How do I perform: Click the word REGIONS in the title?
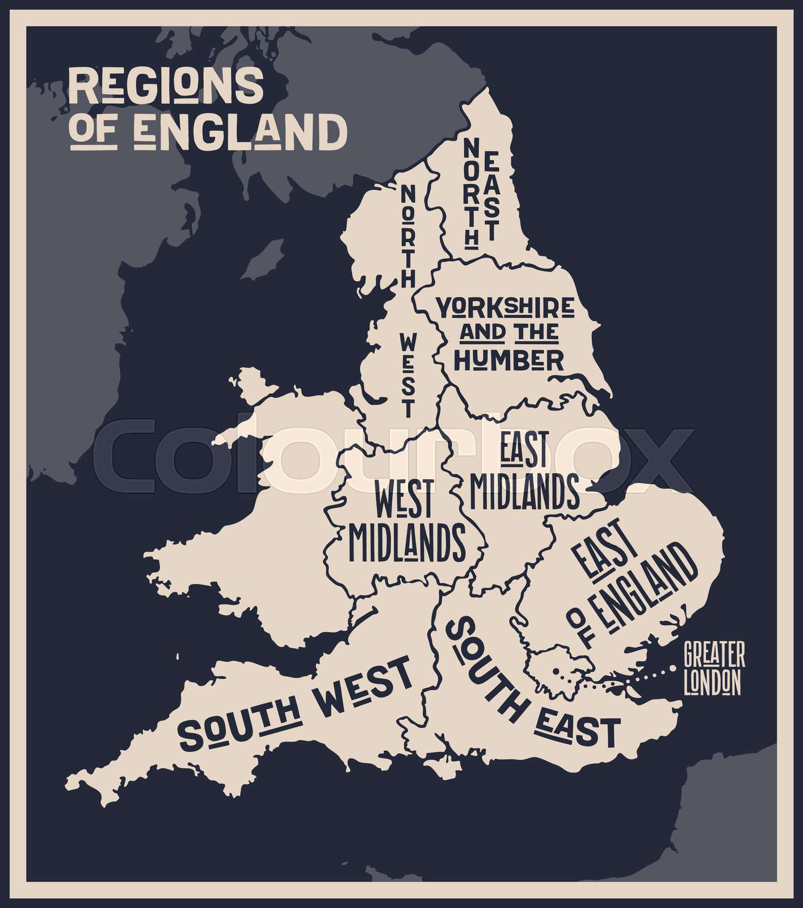click(166, 86)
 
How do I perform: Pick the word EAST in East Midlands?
click(523, 450)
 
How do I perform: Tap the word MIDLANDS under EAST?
click(524, 491)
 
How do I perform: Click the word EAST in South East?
click(577, 730)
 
